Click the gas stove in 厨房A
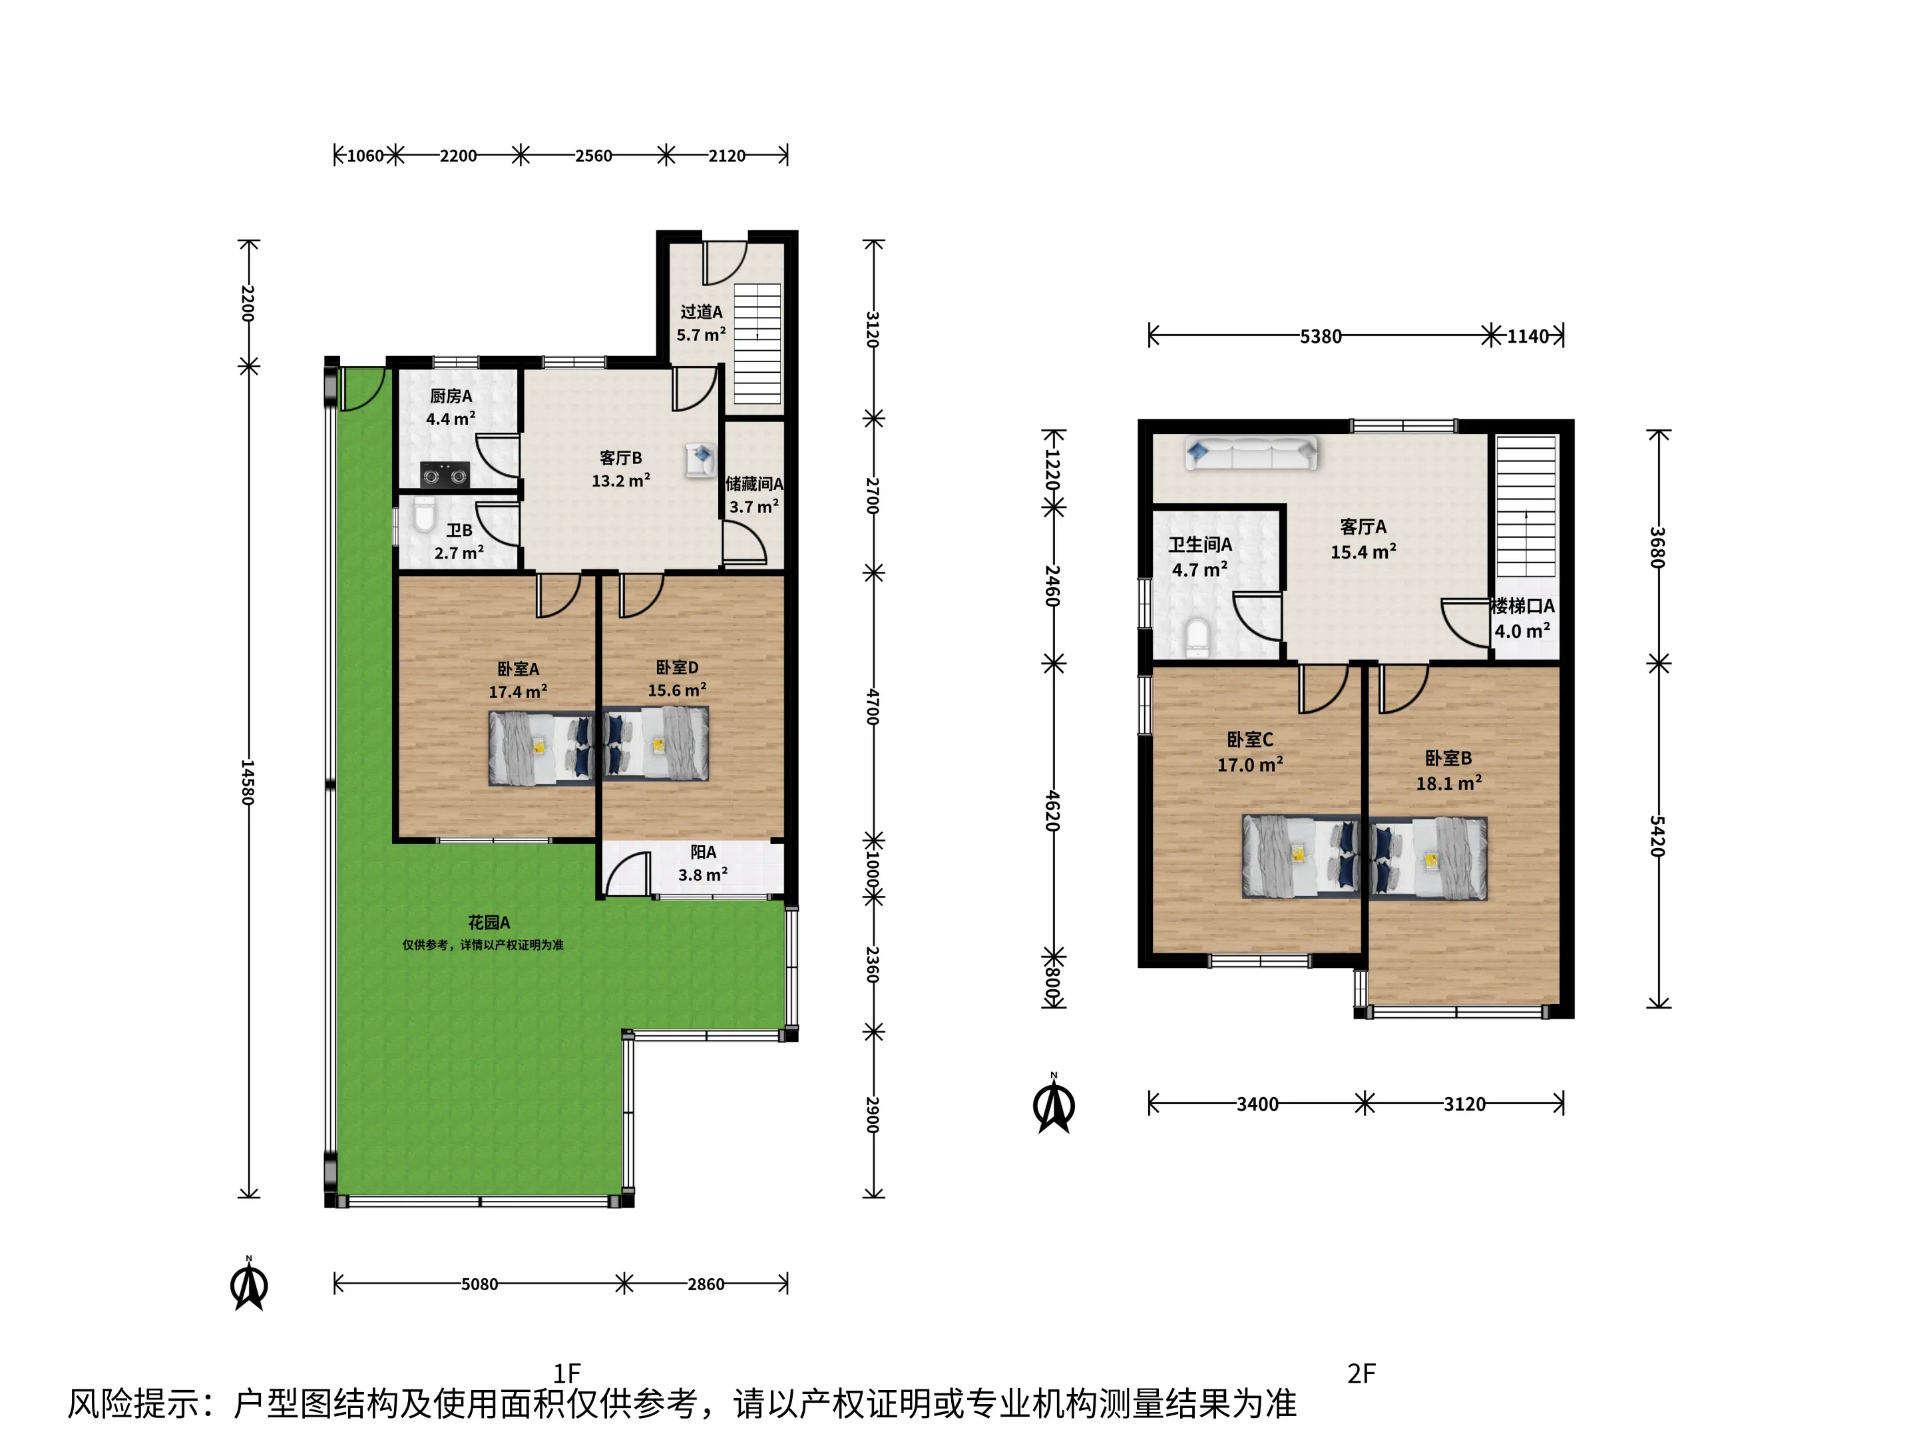445,475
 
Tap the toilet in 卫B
424,513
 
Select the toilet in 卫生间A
1196,635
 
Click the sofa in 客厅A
1251,453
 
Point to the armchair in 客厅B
700,459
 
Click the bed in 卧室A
542,748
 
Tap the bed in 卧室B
1428,857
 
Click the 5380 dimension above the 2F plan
1320,336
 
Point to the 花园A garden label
489,922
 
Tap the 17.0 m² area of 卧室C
1249,764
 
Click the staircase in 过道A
757,344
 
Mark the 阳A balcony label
703,852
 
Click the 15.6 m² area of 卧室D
677,690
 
